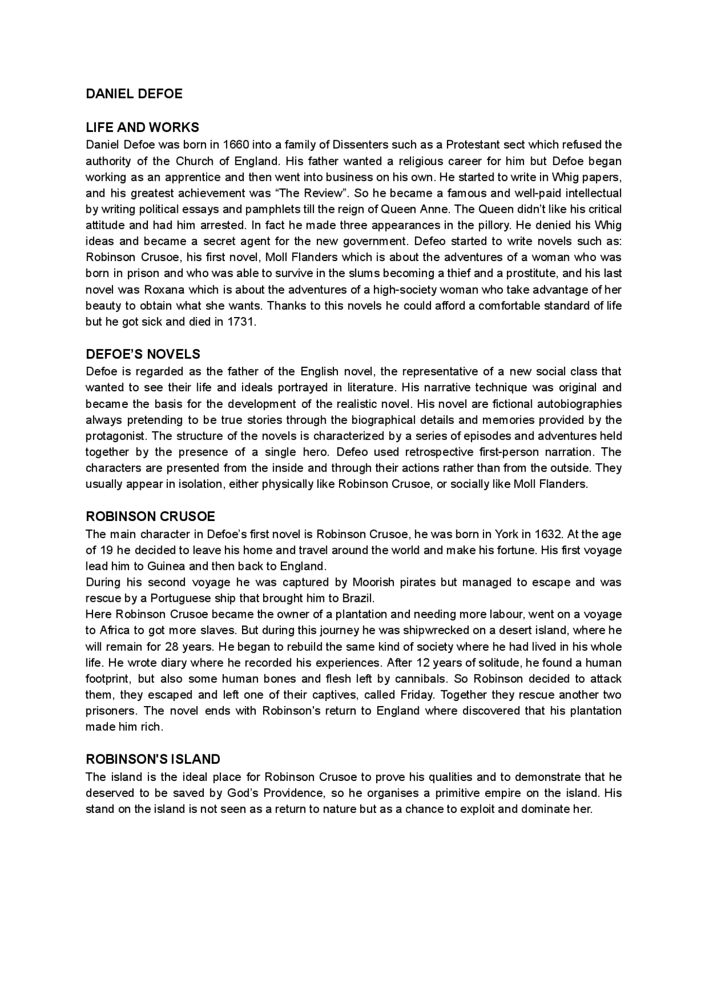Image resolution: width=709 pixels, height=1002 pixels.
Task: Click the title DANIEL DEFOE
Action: (x=133, y=94)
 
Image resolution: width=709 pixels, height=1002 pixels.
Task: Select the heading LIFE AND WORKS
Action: (x=142, y=128)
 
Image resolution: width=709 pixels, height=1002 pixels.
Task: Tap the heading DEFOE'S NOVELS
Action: (x=143, y=354)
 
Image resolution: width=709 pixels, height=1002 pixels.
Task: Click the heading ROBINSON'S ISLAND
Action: (x=153, y=759)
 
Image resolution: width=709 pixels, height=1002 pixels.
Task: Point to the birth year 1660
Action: (x=236, y=145)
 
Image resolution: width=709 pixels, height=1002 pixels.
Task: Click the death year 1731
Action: (x=242, y=322)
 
